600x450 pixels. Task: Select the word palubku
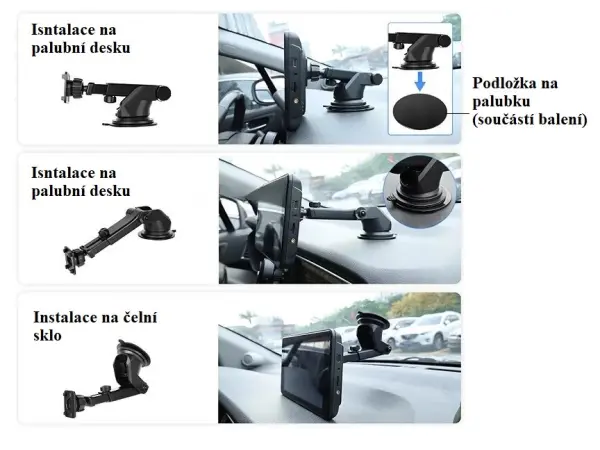pos(503,101)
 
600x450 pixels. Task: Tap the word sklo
pos(47,336)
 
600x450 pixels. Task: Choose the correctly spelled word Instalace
pos(67,318)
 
